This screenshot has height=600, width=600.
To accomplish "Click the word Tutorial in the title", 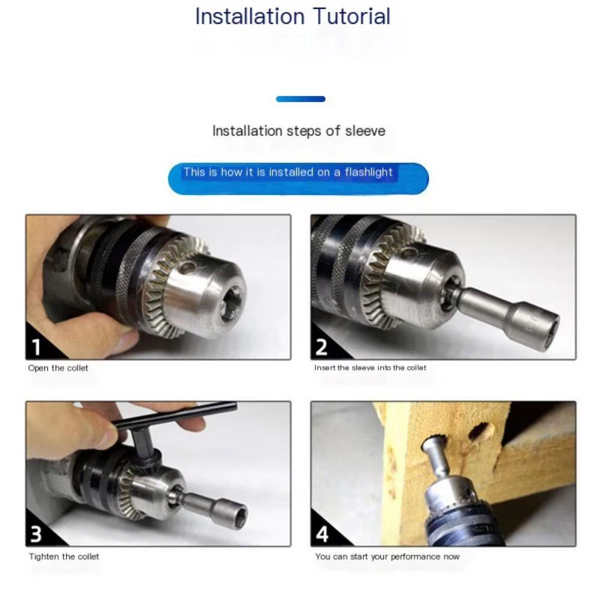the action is pos(352,16).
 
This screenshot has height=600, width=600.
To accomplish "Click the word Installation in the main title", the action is pos(250,16).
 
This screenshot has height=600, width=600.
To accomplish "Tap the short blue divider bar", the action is pos(301,99).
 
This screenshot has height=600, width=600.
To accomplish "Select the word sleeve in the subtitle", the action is pos(365,131).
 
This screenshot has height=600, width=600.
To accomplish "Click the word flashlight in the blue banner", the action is pos(368,172).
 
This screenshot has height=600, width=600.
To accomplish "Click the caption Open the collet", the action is pos(58,368).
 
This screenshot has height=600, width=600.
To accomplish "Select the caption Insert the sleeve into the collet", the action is pos(370,368).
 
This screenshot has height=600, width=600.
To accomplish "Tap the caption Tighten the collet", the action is pos(64,556).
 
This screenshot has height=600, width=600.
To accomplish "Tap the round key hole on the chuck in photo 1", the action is pos(187,267).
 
